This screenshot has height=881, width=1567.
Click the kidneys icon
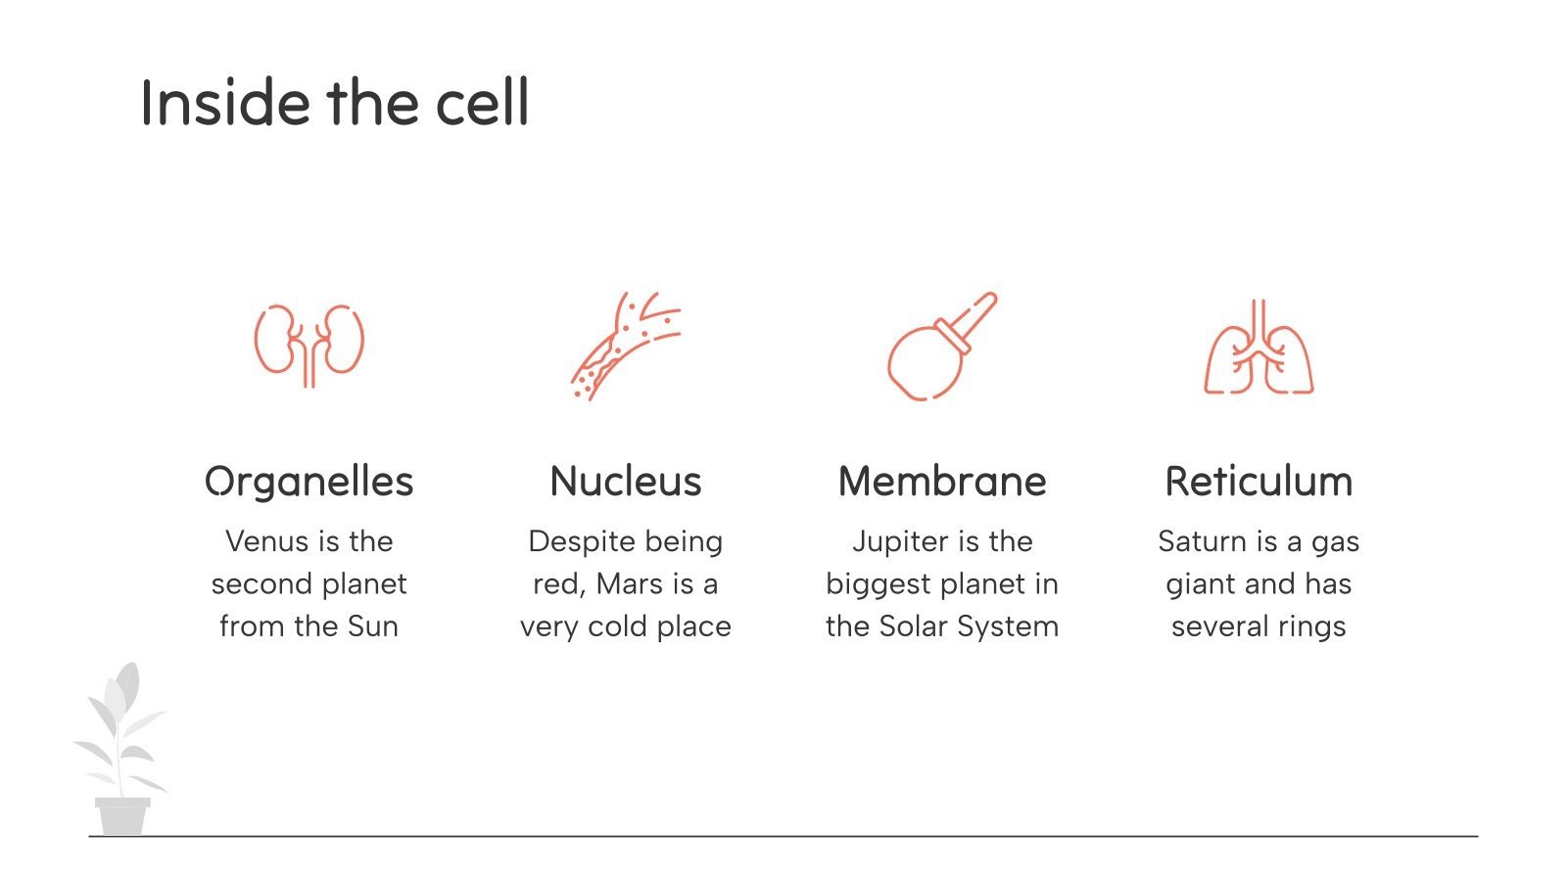pos(309,344)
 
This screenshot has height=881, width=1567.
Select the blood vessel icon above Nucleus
pos(625,347)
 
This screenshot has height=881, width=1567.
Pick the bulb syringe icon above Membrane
pos(940,348)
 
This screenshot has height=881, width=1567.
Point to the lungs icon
pos(1258,349)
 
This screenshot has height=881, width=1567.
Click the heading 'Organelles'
pos(309,482)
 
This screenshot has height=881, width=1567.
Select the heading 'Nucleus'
pos(626,482)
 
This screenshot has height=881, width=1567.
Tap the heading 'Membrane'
pos(942,482)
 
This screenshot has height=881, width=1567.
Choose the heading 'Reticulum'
pos(1258,482)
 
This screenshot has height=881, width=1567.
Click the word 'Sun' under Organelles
pos(373,626)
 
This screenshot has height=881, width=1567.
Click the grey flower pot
pos(122,815)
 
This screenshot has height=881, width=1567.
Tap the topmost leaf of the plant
pos(127,686)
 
